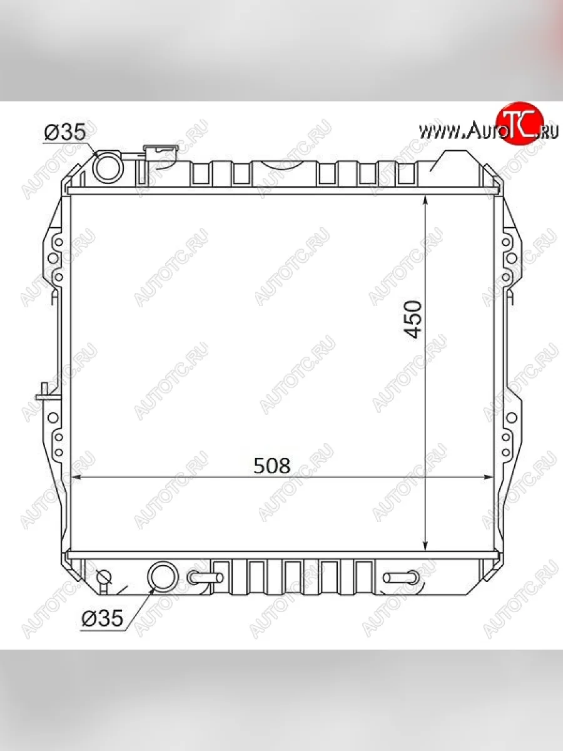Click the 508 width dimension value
point(271,466)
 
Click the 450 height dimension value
point(413,319)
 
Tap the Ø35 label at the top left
point(64,132)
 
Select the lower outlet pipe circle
point(163,576)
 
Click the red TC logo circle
point(520,123)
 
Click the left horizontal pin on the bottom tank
point(205,578)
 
